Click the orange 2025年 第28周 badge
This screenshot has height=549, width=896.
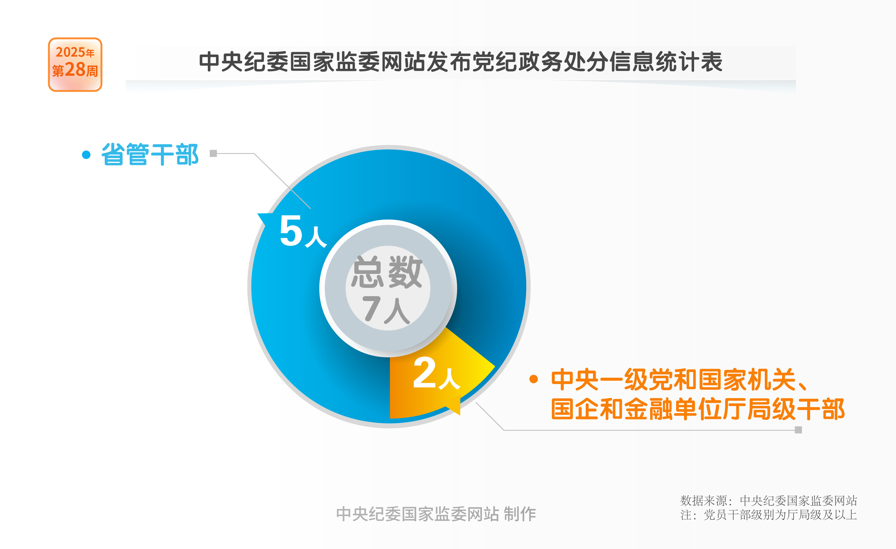(x=75, y=64)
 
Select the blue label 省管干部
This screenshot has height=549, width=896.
(x=150, y=154)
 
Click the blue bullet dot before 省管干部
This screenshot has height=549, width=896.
(x=86, y=155)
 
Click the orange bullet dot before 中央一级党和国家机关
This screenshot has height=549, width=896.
(x=533, y=379)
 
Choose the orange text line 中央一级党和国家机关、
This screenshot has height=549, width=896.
(x=680, y=379)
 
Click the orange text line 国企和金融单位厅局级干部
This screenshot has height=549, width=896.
(x=698, y=409)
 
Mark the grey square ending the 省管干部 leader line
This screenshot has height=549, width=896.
(x=213, y=153)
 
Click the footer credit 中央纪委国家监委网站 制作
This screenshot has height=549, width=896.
(x=436, y=514)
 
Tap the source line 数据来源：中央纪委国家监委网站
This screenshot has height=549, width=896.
(x=769, y=501)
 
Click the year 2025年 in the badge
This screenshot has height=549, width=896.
(x=75, y=52)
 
